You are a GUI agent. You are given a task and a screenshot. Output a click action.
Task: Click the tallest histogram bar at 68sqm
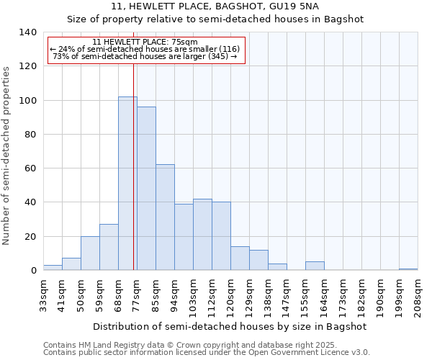(x=127, y=184)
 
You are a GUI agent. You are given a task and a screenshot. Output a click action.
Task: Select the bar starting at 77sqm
(x=146, y=189)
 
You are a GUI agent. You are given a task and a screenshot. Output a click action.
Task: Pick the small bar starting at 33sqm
(x=53, y=268)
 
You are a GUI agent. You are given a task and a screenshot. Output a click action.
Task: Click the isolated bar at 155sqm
(x=315, y=266)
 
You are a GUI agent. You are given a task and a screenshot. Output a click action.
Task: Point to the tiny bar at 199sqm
(x=408, y=269)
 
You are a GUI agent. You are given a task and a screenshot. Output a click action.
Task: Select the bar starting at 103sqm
(x=202, y=235)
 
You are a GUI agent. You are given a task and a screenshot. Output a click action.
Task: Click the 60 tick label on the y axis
(x=30, y=168)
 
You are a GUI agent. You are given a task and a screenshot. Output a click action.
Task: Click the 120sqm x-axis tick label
(x=230, y=297)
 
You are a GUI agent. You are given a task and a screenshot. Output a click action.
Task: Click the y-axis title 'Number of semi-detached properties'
(x=6, y=155)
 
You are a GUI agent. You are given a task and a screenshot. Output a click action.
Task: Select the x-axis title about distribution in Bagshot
(x=230, y=326)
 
